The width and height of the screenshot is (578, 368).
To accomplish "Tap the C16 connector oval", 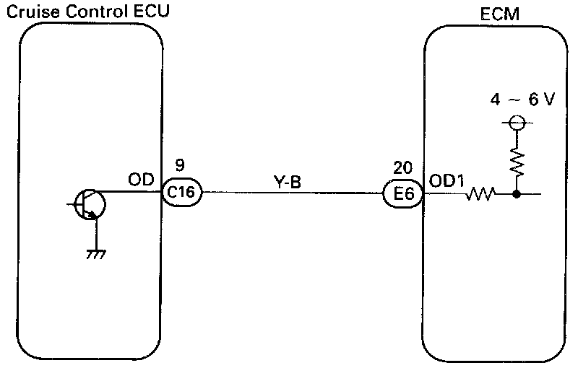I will [x=180, y=193].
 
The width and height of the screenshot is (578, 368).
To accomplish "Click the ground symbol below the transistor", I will [x=92, y=254].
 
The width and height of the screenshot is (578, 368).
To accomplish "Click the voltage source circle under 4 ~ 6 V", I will [x=517, y=123].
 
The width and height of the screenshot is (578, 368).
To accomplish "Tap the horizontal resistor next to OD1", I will [x=481, y=193].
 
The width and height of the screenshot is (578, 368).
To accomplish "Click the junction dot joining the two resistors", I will [x=517, y=193].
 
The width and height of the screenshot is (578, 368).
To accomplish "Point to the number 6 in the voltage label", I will [x=533, y=100].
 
